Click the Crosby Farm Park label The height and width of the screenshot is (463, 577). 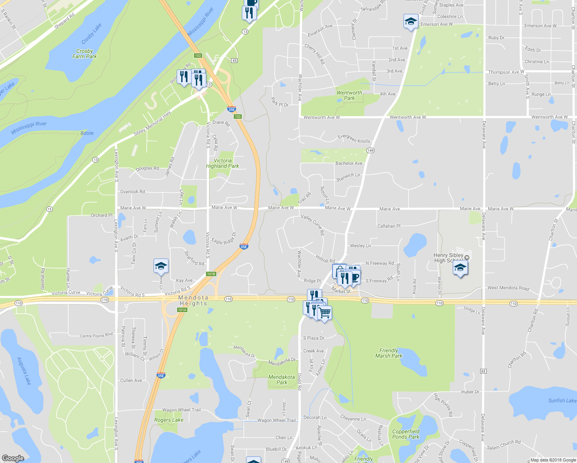click(x=84, y=54)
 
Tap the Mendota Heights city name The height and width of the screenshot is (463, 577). click(x=193, y=301)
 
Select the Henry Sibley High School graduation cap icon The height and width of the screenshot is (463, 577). click(x=460, y=267)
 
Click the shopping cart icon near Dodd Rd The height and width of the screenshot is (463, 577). click(x=325, y=313)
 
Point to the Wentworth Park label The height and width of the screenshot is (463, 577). click(x=349, y=95)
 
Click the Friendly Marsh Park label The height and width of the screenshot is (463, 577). click(x=389, y=353)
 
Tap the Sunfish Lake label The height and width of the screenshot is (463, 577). click(x=562, y=400)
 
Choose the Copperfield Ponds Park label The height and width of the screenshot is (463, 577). click(x=406, y=434)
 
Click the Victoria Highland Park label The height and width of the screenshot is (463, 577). click(x=223, y=163)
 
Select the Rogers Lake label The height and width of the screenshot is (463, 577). click(x=169, y=420)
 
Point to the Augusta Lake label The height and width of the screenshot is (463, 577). click(x=24, y=371)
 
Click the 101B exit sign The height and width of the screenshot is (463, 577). click(x=211, y=274)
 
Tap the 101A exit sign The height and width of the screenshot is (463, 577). click(x=182, y=310)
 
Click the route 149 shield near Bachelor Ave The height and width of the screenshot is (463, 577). click(x=370, y=150)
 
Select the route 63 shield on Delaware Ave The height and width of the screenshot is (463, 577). click(x=483, y=371)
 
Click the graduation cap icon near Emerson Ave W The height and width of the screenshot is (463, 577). click(x=411, y=21)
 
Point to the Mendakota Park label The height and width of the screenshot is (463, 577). click(x=282, y=380)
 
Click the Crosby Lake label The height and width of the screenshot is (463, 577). click(x=91, y=34)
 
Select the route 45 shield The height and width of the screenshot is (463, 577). click(x=235, y=61)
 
